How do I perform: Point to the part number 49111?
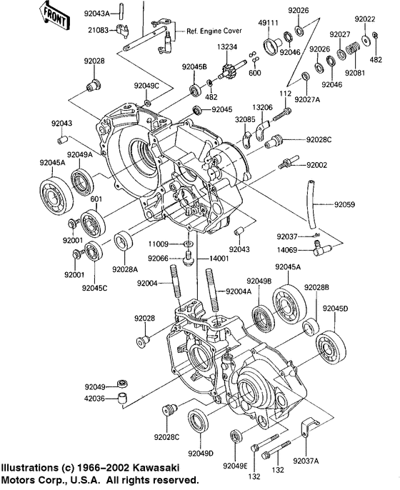click(268, 24)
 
